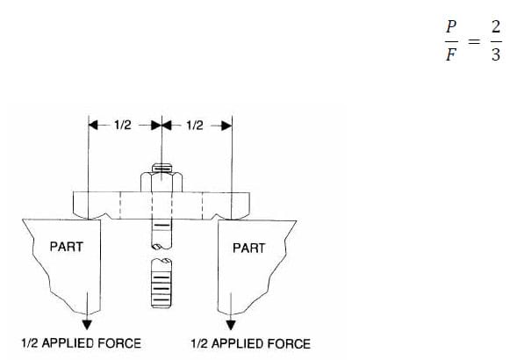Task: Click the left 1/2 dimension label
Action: coord(123,126)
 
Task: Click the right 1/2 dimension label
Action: coord(195,126)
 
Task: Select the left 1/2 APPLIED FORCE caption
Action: coord(81,342)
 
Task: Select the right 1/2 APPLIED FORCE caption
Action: coord(250,342)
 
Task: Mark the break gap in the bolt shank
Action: coord(160,254)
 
